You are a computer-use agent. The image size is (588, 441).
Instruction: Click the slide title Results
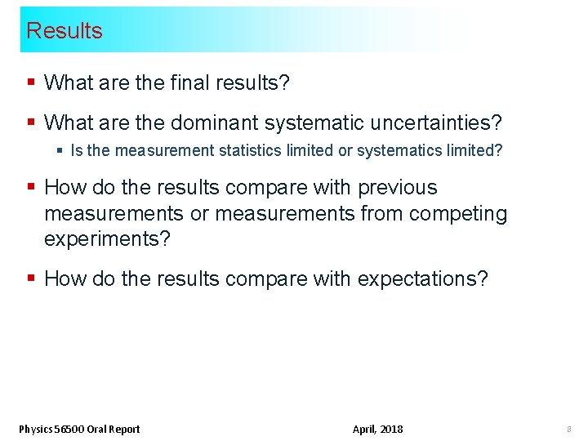(65, 31)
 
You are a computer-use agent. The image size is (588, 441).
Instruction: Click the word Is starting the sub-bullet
(78, 151)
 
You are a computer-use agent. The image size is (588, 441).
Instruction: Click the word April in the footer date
(363, 430)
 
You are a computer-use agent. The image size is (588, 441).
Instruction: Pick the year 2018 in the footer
(390, 430)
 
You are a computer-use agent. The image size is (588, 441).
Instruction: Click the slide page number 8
(568, 430)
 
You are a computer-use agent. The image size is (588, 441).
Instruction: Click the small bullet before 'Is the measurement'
(60, 151)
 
